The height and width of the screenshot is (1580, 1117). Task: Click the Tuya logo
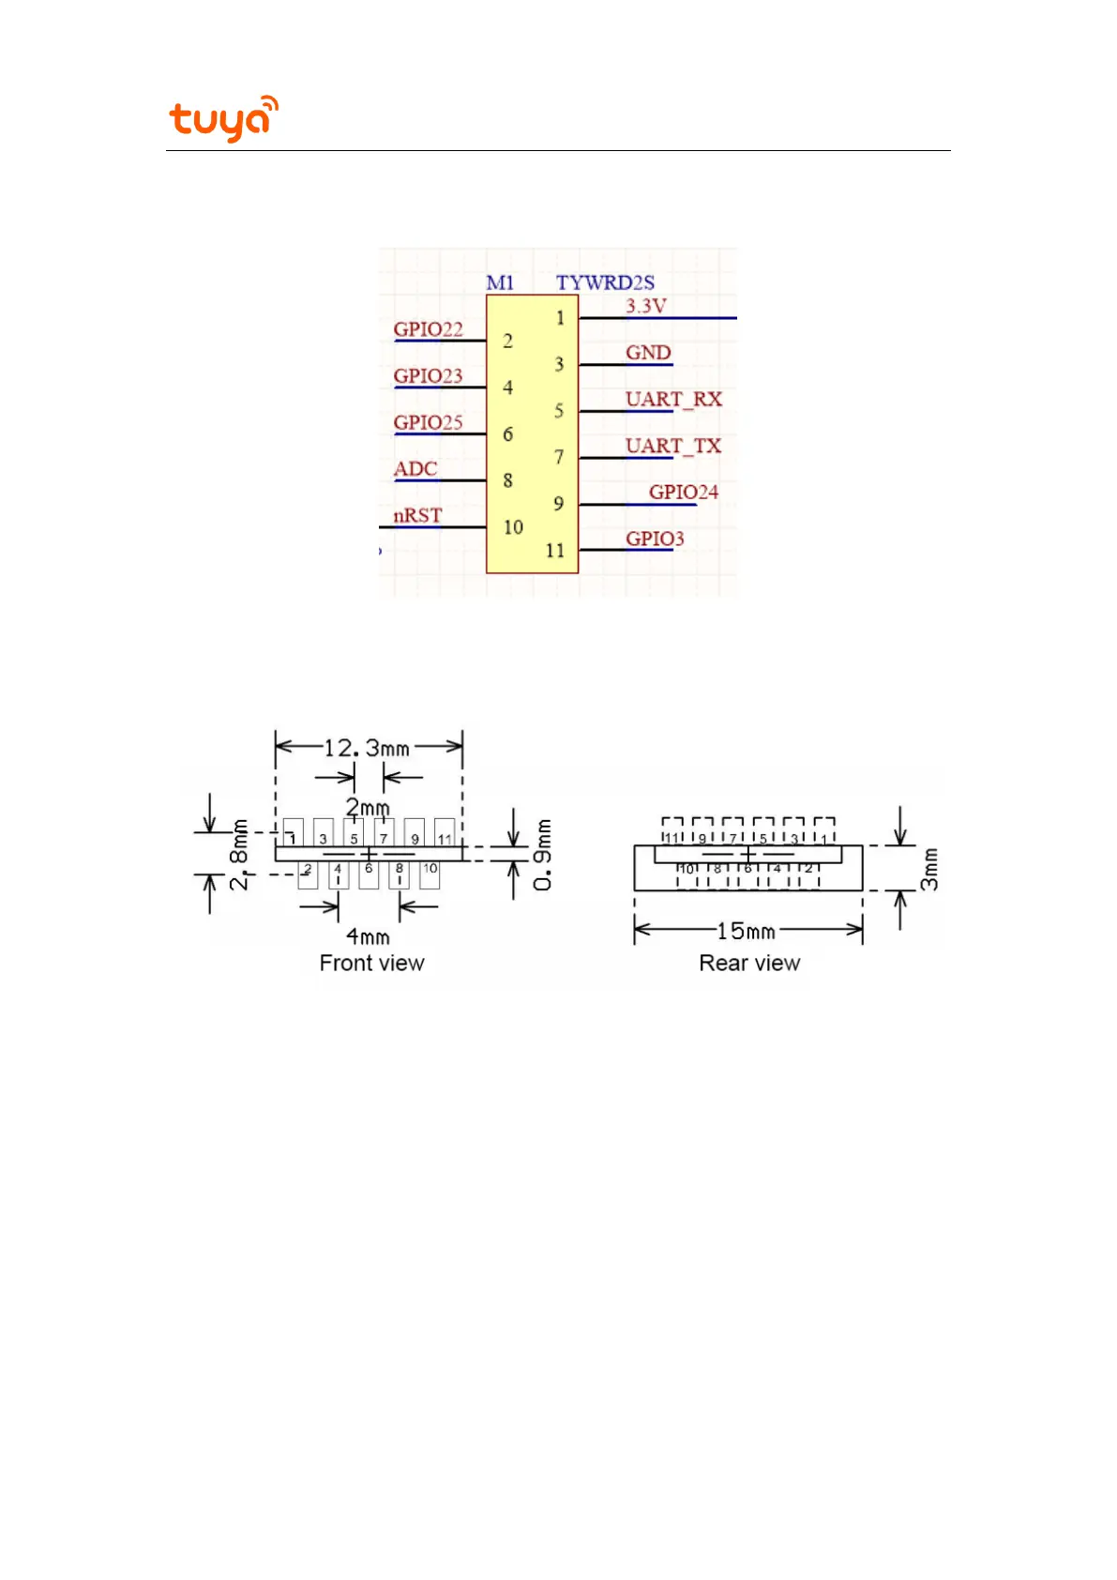(223, 118)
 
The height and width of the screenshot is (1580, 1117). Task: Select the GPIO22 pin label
(428, 329)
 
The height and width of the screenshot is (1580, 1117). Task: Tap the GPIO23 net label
(428, 376)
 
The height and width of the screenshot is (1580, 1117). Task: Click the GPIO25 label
(428, 423)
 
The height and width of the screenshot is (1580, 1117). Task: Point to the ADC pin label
(415, 469)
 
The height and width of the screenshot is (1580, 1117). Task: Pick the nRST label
(417, 516)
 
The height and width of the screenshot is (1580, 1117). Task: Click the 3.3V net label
(646, 306)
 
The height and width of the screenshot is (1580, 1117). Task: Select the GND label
(648, 353)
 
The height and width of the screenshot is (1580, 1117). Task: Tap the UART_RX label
(673, 400)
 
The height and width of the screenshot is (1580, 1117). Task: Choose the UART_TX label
(673, 446)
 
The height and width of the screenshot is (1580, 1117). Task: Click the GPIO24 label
(684, 493)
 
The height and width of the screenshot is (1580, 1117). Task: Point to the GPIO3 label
(655, 539)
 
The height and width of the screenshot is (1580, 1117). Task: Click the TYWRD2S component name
(605, 282)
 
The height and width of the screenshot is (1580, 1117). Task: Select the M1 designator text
(500, 282)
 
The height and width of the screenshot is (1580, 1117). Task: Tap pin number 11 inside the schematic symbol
(555, 551)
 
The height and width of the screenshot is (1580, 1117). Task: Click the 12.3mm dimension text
(367, 748)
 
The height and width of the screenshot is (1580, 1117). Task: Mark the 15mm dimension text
(746, 931)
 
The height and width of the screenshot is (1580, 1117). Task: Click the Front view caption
(371, 964)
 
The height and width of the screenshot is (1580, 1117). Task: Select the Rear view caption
(749, 964)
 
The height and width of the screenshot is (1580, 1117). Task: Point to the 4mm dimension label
(368, 936)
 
